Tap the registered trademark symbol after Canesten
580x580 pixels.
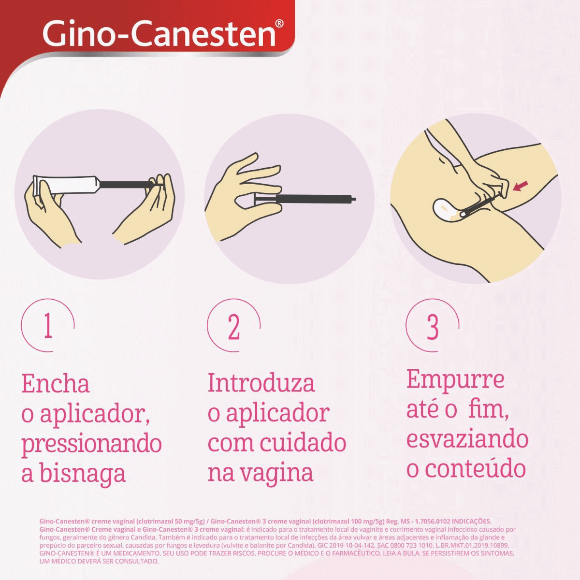279,24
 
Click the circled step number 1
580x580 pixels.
48,327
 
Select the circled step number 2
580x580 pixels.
234,327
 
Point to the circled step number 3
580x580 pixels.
433,327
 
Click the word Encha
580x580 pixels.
56,384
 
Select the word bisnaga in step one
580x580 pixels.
82,474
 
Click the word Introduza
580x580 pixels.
261,383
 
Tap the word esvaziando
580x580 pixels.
467,439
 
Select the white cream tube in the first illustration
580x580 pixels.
65,184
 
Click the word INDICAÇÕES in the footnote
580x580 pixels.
468,522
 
